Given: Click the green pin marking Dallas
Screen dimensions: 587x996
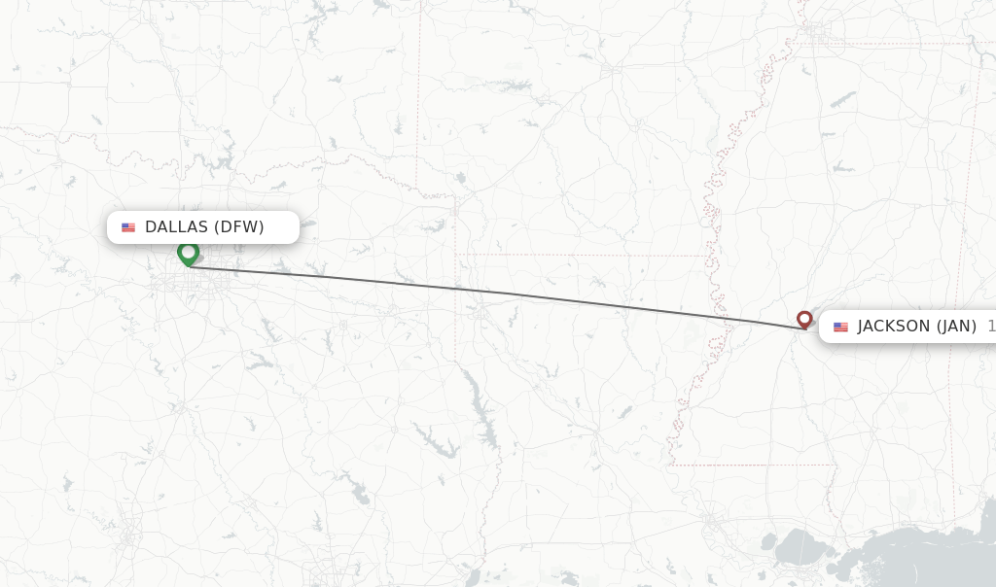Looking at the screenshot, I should [188, 253].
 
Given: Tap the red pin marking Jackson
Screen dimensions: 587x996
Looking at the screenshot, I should [804, 319].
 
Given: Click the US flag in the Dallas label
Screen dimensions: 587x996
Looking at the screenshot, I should [128, 227].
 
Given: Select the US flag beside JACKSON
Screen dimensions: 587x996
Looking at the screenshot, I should [840, 327].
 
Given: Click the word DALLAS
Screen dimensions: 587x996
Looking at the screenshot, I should [176, 227].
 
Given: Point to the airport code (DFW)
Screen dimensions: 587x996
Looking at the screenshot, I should [239, 227].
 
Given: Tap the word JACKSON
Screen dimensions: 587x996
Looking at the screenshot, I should [894, 327].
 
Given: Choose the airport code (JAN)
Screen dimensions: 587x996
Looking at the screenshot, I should [957, 327].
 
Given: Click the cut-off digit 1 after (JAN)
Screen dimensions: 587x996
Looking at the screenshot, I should [991, 327].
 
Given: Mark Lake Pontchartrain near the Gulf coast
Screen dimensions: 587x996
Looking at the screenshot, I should [800, 545].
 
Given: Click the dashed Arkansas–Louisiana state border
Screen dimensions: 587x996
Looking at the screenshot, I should [584, 256].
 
